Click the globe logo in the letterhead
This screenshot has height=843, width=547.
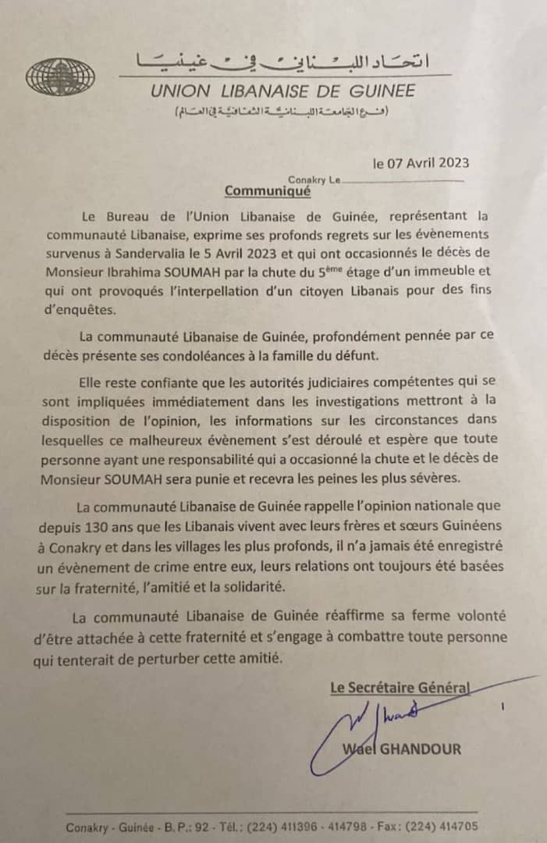point(60,76)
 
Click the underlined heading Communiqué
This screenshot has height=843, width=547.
point(268,190)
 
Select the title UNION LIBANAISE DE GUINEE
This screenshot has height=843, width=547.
point(283,91)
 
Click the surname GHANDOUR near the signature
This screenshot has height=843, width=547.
point(421,749)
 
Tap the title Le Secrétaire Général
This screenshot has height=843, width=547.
point(399,688)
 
